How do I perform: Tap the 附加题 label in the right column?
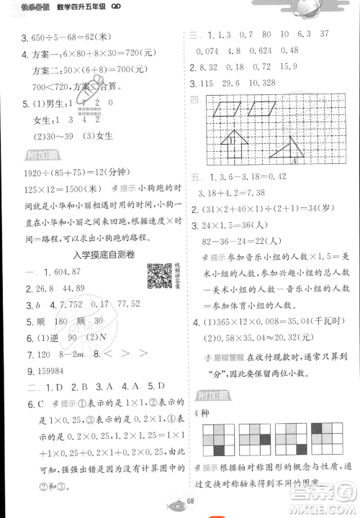click(x=210, y=395)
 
